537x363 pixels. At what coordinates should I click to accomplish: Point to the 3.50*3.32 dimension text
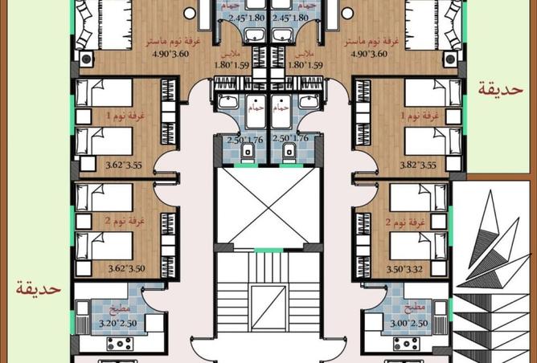click(x=418, y=269)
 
